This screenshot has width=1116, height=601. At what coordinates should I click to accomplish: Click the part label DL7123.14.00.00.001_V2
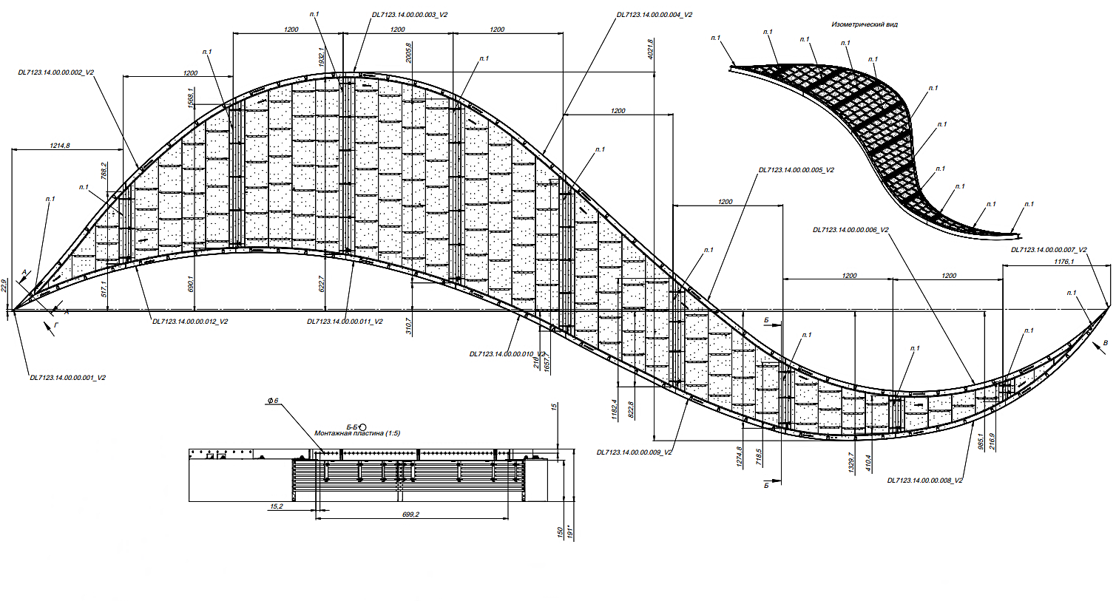coord(67,378)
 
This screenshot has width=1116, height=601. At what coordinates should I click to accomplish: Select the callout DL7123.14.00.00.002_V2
coord(56,72)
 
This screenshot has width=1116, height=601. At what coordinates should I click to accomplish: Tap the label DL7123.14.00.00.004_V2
coord(655,15)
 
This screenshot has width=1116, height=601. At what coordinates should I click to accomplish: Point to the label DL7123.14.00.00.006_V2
coord(850,230)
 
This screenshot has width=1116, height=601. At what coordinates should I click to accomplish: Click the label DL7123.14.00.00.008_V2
coord(925,481)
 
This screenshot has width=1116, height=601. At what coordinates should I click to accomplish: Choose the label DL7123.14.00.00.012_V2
coord(190,322)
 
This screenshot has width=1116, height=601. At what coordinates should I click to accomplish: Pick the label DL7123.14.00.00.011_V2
coord(345,322)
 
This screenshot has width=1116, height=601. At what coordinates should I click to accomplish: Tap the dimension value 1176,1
coord(1063,262)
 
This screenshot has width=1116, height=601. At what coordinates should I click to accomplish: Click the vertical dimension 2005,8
coord(409,52)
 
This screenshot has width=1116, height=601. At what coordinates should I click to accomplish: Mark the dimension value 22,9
coord(4,285)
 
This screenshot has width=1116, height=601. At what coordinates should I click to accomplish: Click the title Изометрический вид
coord(865,24)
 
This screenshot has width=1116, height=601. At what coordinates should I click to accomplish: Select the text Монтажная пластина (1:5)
coord(357,433)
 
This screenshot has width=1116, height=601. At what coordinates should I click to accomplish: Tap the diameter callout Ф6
coord(272,401)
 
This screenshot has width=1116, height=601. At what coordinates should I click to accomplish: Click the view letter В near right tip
coord(1105,343)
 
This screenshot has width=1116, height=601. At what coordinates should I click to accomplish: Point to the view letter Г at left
coord(57,324)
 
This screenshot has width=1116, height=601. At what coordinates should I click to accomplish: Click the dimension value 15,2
coord(276,506)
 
